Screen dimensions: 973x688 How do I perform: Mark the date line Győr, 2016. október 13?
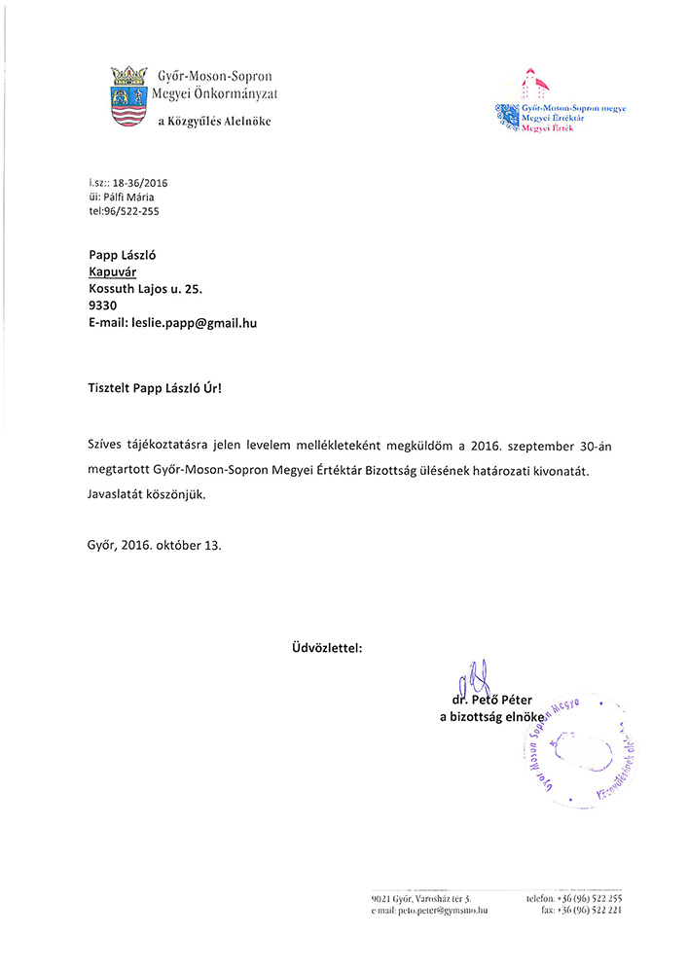(154, 545)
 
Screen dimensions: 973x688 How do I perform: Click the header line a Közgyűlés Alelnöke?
(214, 122)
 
